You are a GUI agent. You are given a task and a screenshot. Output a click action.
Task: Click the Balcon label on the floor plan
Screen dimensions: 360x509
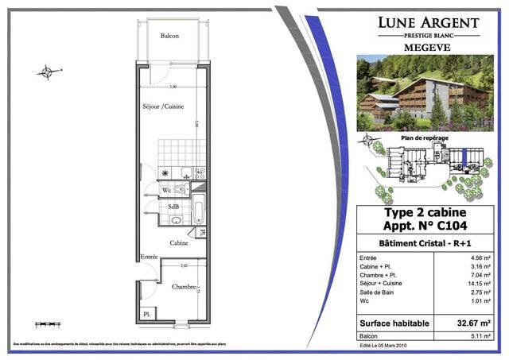(x=169, y=36)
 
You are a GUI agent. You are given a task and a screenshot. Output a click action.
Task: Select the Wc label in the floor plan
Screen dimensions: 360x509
(x=167, y=191)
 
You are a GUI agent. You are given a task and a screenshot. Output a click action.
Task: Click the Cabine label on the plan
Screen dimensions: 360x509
(x=178, y=243)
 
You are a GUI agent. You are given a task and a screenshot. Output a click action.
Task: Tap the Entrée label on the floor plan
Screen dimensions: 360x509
(x=149, y=257)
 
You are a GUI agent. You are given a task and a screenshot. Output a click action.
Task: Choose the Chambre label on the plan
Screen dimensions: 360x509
(x=184, y=286)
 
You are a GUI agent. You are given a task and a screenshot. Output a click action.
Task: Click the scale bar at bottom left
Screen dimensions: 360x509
(x=48, y=324)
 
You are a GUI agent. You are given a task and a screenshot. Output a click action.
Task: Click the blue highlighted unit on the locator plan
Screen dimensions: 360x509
(x=462, y=157)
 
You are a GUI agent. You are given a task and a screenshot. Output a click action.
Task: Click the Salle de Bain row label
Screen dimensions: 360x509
(x=382, y=293)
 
